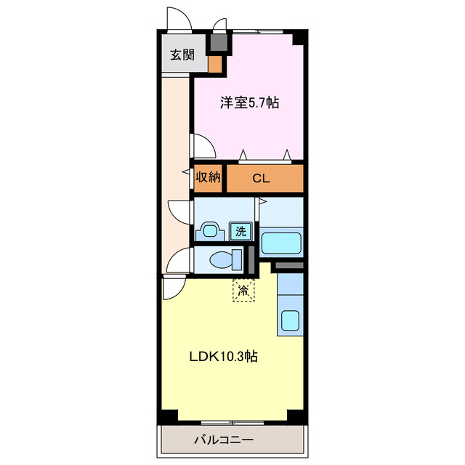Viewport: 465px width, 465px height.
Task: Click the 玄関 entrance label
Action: [x=182, y=54]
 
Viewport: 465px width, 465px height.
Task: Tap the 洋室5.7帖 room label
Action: [x=249, y=103]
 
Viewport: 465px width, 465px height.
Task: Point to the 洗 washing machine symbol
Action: [x=241, y=232]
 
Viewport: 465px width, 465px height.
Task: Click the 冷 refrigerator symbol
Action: [x=244, y=291]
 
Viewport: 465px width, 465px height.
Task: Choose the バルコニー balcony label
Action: [x=223, y=440]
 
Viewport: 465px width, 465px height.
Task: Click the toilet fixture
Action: [x=222, y=258]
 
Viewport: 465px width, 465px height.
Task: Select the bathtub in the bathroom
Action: [x=281, y=242]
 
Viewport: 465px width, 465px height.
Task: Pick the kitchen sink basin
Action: [x=291, y=320]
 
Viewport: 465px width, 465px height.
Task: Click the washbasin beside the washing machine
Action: [x=211, y=231]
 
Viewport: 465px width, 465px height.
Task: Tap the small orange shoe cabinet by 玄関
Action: [x=215, y=65]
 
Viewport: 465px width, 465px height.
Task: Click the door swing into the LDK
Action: [x=172, y=288]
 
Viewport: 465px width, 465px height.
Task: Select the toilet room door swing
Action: [x=179, y=259]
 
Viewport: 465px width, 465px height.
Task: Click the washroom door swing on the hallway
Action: [x=179, y=212]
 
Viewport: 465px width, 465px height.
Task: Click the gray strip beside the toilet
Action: [x=251, y=259]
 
